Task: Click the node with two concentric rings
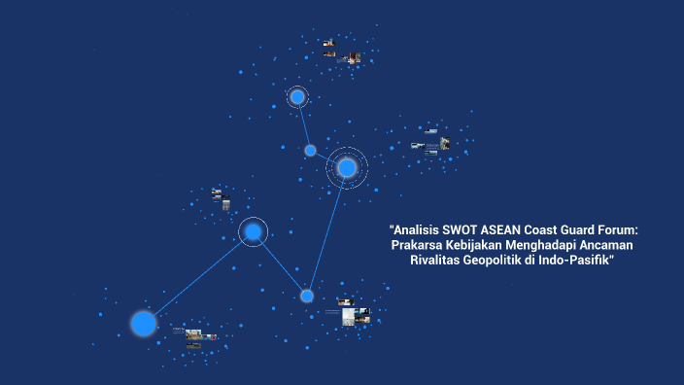pyautogui.click(x=347, y=168)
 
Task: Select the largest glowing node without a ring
pyautogui.click(x=144, y=323)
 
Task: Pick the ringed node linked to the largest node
pyautogui.click(x=253, y=231)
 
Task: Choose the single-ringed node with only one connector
pyautogui.click(x=297, y=96)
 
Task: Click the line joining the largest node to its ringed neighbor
pyautogui.click(x=198, y=277)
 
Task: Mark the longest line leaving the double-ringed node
pyautogui.click(x=327, y=231)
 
